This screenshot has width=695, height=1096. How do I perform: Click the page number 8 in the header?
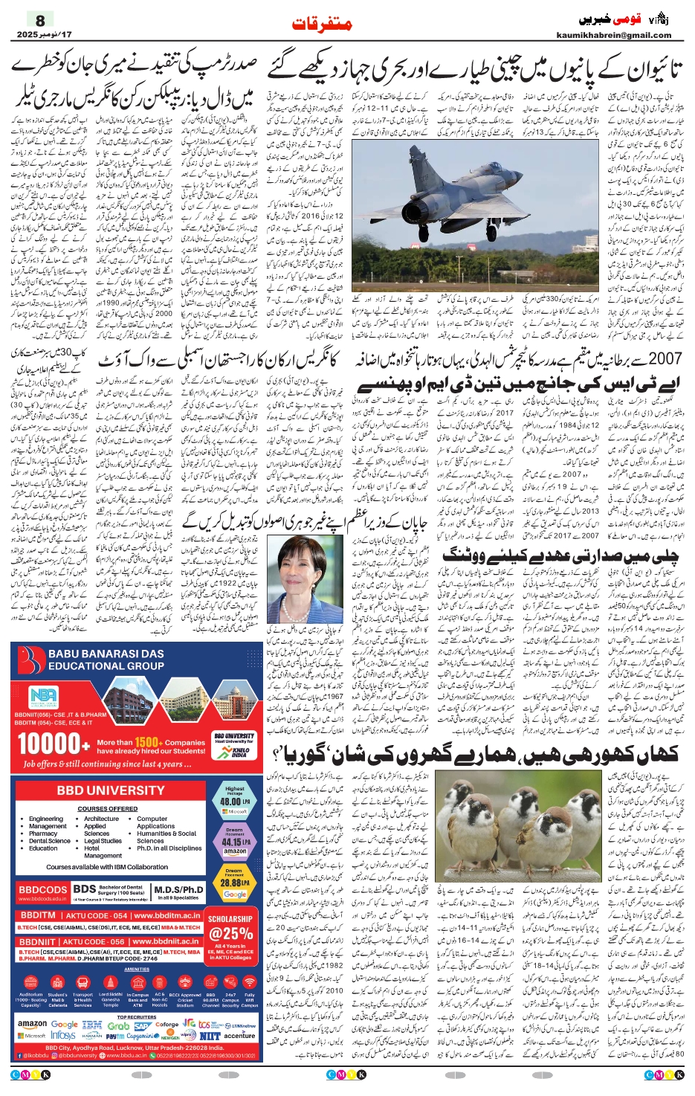click(40, 21)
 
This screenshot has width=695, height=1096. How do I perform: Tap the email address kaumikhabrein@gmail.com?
click(613, 35)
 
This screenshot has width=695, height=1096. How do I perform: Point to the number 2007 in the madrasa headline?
click(664, 359)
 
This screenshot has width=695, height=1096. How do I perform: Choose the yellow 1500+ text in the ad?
click(148, 741)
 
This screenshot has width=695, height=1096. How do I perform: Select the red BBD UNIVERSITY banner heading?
click(111, 790)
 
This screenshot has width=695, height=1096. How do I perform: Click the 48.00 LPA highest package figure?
click(233, 802)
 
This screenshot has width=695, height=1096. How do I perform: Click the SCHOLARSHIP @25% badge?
click(230, 929)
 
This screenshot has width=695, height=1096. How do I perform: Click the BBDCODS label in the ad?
click(42, 889)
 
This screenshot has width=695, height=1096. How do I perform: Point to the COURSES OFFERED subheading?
click(107, 808)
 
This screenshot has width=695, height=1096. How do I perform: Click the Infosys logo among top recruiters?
click(63, 1035)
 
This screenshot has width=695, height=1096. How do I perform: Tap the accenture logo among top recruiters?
click(239, 1035)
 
